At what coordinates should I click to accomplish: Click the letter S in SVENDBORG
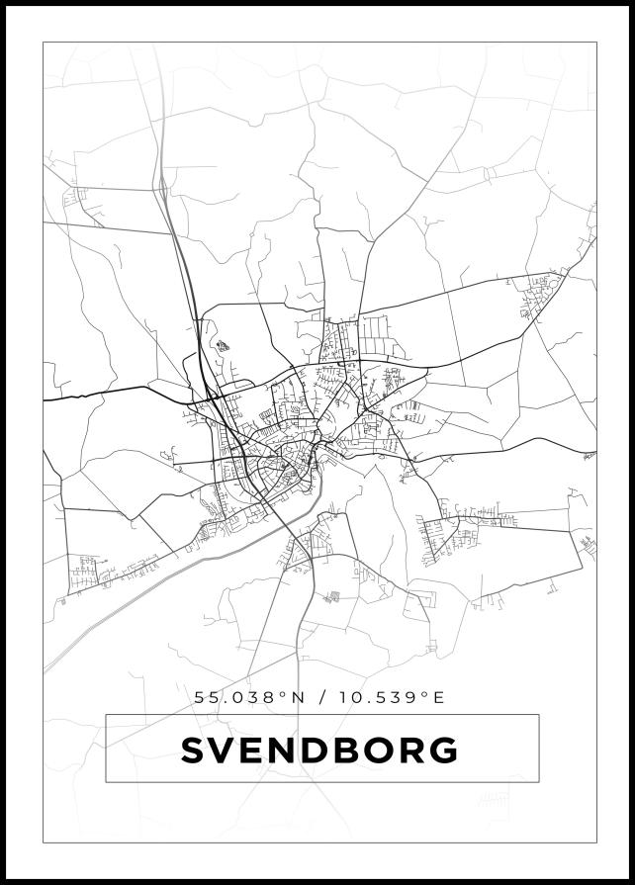pyautogui.click(x=194, y=751)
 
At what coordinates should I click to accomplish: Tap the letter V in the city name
pyautogui.click(x=226, y=751)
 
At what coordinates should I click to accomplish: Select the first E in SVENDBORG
pyautogui.click(x=256, y=751)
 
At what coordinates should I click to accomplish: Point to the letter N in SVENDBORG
pyautogui.click(x=287, y=751)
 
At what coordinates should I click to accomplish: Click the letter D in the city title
pyautogui.click(x=320, y=751)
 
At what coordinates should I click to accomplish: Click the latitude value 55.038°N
pyautogui.click(x=247, y=698)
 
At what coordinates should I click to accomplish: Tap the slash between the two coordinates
pyautogui.click(x=319, y=698)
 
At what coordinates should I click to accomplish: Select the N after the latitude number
pyautogui.click(x=294, y=698)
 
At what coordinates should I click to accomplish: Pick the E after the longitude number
pyautogui.click(x=439, y=698)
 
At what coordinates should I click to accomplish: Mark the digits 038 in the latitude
pyautogui.click(x=253, y=698)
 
